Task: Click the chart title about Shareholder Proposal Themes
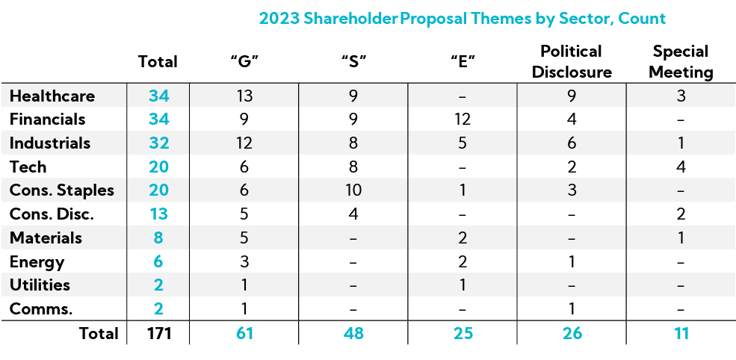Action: tap(462, 18)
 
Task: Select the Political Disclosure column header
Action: tap(572, 61)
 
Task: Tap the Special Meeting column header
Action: tap(681, 61)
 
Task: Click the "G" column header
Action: tap(244, 62)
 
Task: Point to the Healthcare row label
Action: tap(52, 96)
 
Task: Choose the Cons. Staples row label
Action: tap(62, 190)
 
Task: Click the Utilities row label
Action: tap(40, 285)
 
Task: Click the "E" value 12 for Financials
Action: tap(463, 120)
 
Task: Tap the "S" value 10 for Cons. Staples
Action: tap(353, 190)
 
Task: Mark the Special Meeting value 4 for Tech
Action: tap(681, 167)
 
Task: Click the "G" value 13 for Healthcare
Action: tap(244, 96)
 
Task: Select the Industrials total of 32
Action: tap(158, 143)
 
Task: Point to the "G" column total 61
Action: tap(244, 334)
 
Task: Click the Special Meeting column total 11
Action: tap(681, 334)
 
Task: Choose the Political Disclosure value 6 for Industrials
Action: tap(572, 143)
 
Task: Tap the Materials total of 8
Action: tap(158, 238)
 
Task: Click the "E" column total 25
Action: tap(463, 334)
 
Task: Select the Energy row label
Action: tap(37, 262)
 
